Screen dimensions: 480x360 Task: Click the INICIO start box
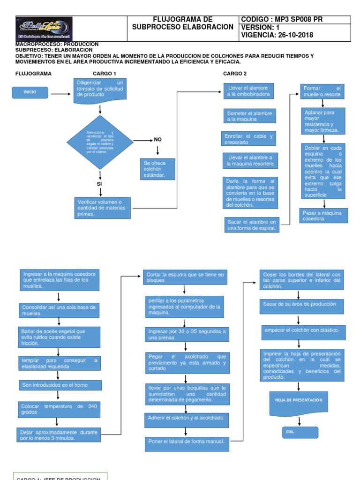pyautogui.click(x=30, y=93)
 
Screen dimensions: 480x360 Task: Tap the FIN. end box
pyautogui.click(x=299, y=432)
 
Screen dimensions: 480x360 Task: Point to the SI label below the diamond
pyautogui.click(x=99, y=184)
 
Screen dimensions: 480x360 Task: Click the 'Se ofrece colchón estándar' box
pyautogui.click(x=158, y=169)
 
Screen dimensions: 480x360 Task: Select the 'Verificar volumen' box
pyautogui.click(x=102, y=208)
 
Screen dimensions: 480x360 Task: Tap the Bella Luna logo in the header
pyautogui.click(x=44, y=28)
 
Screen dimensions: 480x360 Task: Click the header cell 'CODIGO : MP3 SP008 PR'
pyautogui.click(x=294, y=20)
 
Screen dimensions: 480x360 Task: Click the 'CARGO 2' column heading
pyautogui.click(x=234, y=74)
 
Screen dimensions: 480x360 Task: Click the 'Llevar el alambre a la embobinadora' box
pyautogui.click(x=248, y=91)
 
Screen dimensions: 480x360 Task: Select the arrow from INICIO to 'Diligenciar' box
pyautogui.click(x=61, y=94)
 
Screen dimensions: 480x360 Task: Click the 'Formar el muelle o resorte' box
pyautogui.click(x=322, y=91)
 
